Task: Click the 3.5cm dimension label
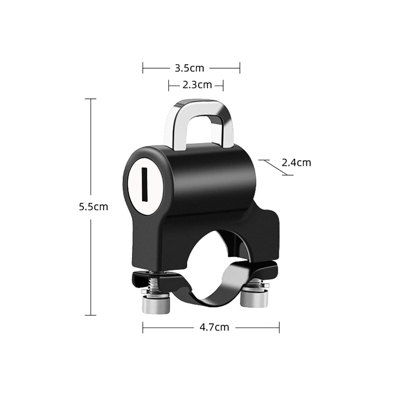189,68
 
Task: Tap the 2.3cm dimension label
197,85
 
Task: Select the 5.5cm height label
93,207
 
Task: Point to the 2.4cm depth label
296,163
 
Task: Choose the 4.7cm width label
215,327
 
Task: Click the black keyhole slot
144,184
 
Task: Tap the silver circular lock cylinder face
144,188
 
